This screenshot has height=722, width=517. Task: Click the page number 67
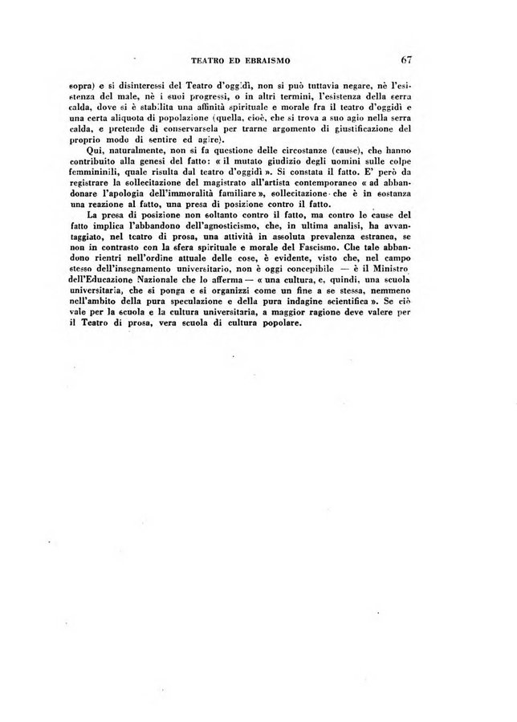[404, 59]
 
